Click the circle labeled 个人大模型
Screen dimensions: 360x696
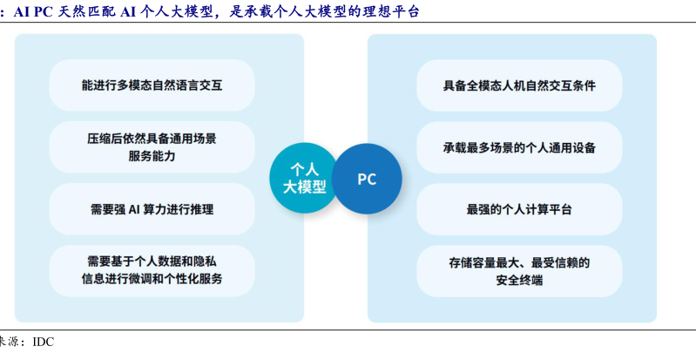(x=305, y=178)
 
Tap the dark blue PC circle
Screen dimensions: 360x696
(x=367, y=180)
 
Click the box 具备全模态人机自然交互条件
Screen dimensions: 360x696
(x=519, y=85)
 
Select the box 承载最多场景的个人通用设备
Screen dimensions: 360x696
(x=519, y=147)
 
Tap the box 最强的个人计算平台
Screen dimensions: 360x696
(x=519, y=209)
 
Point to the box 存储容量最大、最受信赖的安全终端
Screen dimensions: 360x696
(x=519, y=271)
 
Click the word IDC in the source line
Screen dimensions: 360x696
(x=44, y=342)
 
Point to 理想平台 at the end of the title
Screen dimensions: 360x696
(x=390, y=11)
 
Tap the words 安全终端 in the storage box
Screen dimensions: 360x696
(x=519, y=280)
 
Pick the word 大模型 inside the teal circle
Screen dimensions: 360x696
(x=305, y=187)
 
